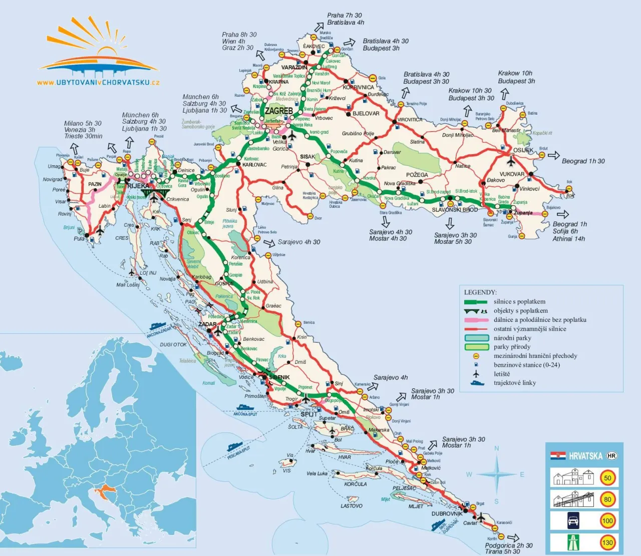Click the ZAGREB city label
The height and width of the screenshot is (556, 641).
[x=279, y=111]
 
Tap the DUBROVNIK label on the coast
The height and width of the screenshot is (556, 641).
[x=447, y=513]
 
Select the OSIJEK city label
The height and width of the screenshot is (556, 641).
[x=523, y=150]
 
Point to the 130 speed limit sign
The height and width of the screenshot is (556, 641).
[x=607, y=542]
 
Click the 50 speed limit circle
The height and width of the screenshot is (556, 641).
[x=607, y=477]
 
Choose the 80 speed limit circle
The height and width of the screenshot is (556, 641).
[x=607, y=499]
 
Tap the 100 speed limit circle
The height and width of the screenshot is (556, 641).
[x=607, y=520]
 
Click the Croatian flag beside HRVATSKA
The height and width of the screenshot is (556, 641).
[x=558, y=456]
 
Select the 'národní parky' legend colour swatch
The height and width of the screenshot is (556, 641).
[x=476, y=338]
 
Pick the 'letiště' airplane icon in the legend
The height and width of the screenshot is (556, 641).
[x=476, y=374]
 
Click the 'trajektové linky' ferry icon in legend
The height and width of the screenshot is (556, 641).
[x=477, y=383]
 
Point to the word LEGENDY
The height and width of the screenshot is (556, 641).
[x=480, y=292]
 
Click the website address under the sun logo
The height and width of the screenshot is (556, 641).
[x=98, y=83]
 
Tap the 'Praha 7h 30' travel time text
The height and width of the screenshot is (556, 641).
[x=344, y=16]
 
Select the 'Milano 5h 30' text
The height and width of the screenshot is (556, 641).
[x=83, y=123]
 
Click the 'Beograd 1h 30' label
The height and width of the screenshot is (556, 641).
[x=583, y=161]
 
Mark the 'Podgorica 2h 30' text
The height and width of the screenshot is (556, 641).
[x=508, y=545]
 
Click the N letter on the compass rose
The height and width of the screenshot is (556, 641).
[x=497, y=448]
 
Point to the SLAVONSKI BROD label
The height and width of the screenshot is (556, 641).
[x=455, y=210]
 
